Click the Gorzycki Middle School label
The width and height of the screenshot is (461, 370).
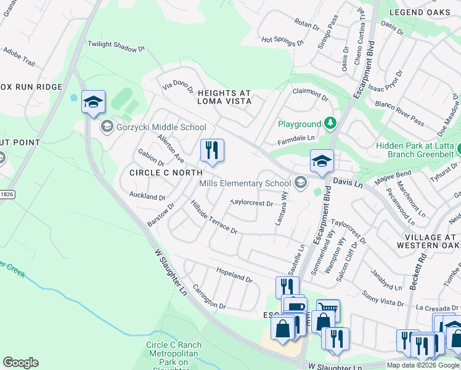coord(161,127)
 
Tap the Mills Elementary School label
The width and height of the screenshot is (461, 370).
coord(244,183)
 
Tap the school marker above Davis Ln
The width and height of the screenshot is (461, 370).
coord(321,162)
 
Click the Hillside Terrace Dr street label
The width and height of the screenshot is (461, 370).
coord(214,217)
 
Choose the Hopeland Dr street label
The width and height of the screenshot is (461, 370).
coord(234,275)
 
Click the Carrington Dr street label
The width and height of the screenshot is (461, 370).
coord(209,296)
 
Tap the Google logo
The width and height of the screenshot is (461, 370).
coord(20,363)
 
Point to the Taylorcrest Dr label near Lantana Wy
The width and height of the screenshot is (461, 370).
coord(251,202)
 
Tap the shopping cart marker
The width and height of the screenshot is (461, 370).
coord(327,309)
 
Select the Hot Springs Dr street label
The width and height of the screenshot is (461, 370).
coord(283,41)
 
